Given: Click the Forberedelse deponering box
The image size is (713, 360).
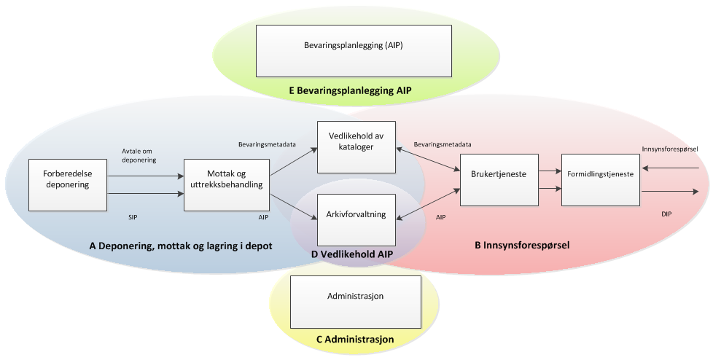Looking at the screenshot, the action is pyautogui.click(x=67, y=185).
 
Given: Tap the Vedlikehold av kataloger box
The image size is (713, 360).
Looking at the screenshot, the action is pyautogui.click(x=356, y=146).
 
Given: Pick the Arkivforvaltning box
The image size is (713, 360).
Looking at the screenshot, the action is pyautogui.click(x=356, y=220).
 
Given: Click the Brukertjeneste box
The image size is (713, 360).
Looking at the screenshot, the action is pyautogui.click(x=499, y=180).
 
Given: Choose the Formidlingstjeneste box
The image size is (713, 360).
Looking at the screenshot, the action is pyautogui.click(x=601, y=180).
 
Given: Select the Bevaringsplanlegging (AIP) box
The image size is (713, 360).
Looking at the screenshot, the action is pyautogui.click(x=354, y=51).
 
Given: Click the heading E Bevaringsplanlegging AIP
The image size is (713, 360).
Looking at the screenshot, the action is pyautogui.click(x=350, y=90).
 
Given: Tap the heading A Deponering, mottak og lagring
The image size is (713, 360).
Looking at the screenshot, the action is pyautogui.click(x=181, y=246).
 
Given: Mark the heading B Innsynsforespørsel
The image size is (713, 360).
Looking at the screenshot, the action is pyautogui.click(x=522, y=246).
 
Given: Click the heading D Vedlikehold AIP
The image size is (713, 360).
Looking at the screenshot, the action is pyautogui.click(x=352, y=254).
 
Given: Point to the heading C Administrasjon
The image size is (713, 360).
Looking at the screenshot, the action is pyautogui.click(x=355, y=340).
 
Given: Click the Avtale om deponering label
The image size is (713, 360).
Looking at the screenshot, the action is pyautogui.click(x=139, y=155).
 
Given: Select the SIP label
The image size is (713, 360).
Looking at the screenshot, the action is pyautogui.click(x=133, y=217).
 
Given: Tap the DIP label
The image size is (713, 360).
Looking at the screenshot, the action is pyautogui.click(x=666, y=214).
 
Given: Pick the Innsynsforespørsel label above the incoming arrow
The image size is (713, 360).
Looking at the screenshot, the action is pyautogui.click(x=670, y=149).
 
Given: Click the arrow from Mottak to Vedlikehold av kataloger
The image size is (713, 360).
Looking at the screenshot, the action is pyautogui.click(x=294, y=161).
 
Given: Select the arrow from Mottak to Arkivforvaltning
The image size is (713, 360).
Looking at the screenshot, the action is pyautogui.click(x=294, y=207).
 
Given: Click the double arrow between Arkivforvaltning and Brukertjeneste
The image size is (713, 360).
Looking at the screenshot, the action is pyautogui.click(x=428, y=204).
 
